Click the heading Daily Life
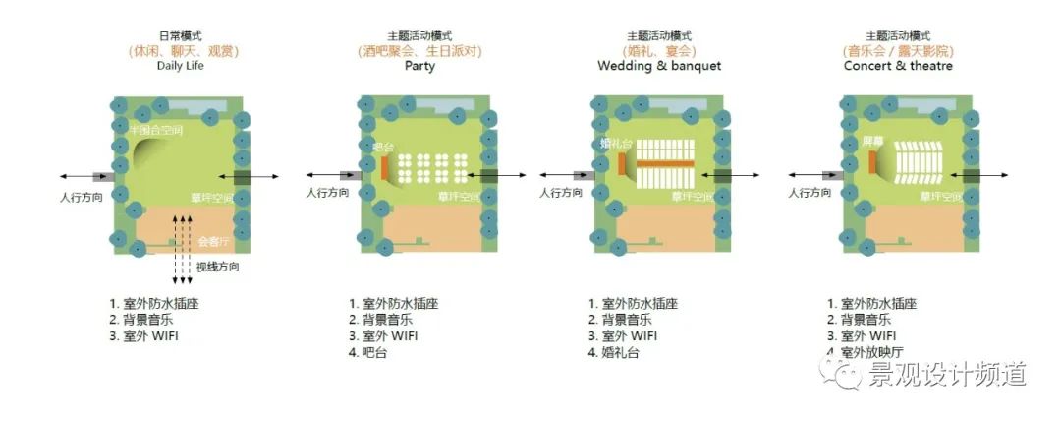[183, 66]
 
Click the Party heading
[419, 66]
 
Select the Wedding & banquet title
[658, 66]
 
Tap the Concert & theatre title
[898, 66]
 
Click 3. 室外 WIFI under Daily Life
[144, 336]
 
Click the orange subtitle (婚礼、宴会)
[658, 50]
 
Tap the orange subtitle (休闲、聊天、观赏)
[183, 50]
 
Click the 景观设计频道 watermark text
[947, 374]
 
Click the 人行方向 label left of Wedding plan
[560, 194]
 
